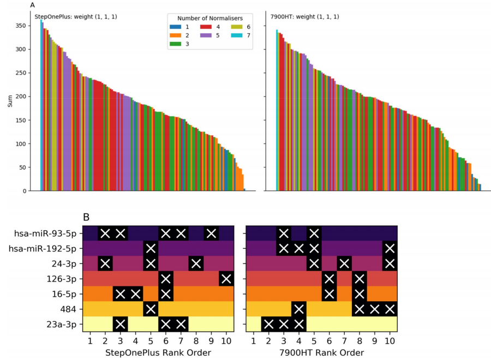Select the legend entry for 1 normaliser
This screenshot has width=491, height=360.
[x=175, y=27]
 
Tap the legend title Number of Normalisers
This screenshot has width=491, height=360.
[x=211, y=17]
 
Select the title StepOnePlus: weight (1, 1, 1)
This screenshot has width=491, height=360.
[x=76, y=17]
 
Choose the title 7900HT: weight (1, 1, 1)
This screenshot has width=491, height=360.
[x=304, y=17]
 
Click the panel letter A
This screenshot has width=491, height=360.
[x=33, y=5]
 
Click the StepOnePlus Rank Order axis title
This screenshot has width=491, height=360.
[x=158, y=353]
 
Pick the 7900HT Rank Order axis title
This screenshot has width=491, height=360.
[x=321, y=353]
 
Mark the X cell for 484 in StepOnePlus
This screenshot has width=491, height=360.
[x=151, y=310]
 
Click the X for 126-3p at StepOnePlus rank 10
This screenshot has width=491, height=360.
[x=226, y=279]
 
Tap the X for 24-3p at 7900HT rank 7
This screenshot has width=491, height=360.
[x=344, y=264]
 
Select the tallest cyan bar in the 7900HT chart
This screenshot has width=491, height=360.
[x=277, y=109]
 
